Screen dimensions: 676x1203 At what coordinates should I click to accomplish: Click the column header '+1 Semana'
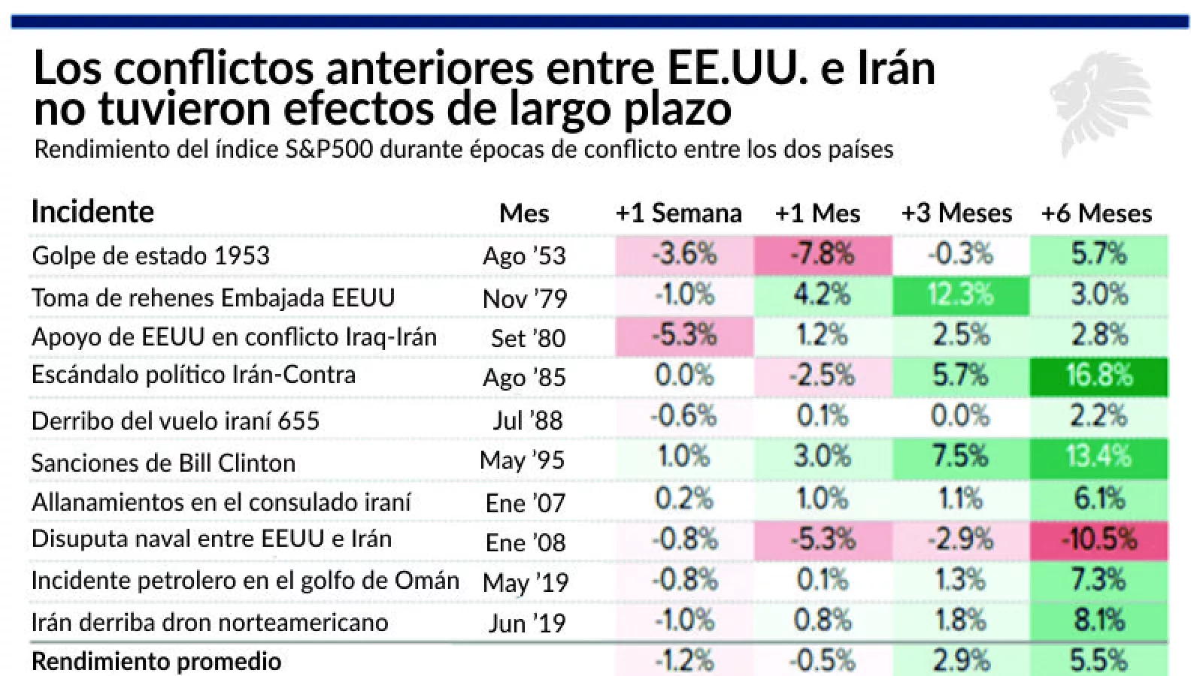[678, 213]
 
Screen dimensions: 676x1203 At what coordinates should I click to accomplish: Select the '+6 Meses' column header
[1096, 213]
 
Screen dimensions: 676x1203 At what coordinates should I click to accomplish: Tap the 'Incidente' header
[92, 212]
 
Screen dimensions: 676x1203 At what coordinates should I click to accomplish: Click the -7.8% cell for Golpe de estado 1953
[822, 255]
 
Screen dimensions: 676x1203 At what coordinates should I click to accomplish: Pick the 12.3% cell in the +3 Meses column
[960, 294]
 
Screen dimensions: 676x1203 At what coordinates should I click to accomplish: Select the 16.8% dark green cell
[1098, 376]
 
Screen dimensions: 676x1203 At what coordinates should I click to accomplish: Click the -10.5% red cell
[1098, 539]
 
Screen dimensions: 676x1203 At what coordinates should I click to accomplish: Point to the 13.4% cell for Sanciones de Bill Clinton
[1098, 457]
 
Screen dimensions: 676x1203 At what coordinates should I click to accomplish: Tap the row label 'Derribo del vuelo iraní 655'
[175, 421]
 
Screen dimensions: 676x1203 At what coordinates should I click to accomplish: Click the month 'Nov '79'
[525, 299]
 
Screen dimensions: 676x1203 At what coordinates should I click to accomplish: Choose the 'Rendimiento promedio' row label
[156, 661]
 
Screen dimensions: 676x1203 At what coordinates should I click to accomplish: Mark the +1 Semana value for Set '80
[683, 335]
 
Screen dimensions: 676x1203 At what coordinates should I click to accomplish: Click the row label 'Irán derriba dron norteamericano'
[210, 622]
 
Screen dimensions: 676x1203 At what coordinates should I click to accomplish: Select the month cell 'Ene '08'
[526, 542]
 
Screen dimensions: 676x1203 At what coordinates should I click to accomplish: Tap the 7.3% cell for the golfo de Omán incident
[1098, 580]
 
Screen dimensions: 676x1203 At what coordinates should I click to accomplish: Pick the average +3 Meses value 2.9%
[960, 660]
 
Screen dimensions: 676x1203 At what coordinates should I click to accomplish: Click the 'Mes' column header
[524, 213]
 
